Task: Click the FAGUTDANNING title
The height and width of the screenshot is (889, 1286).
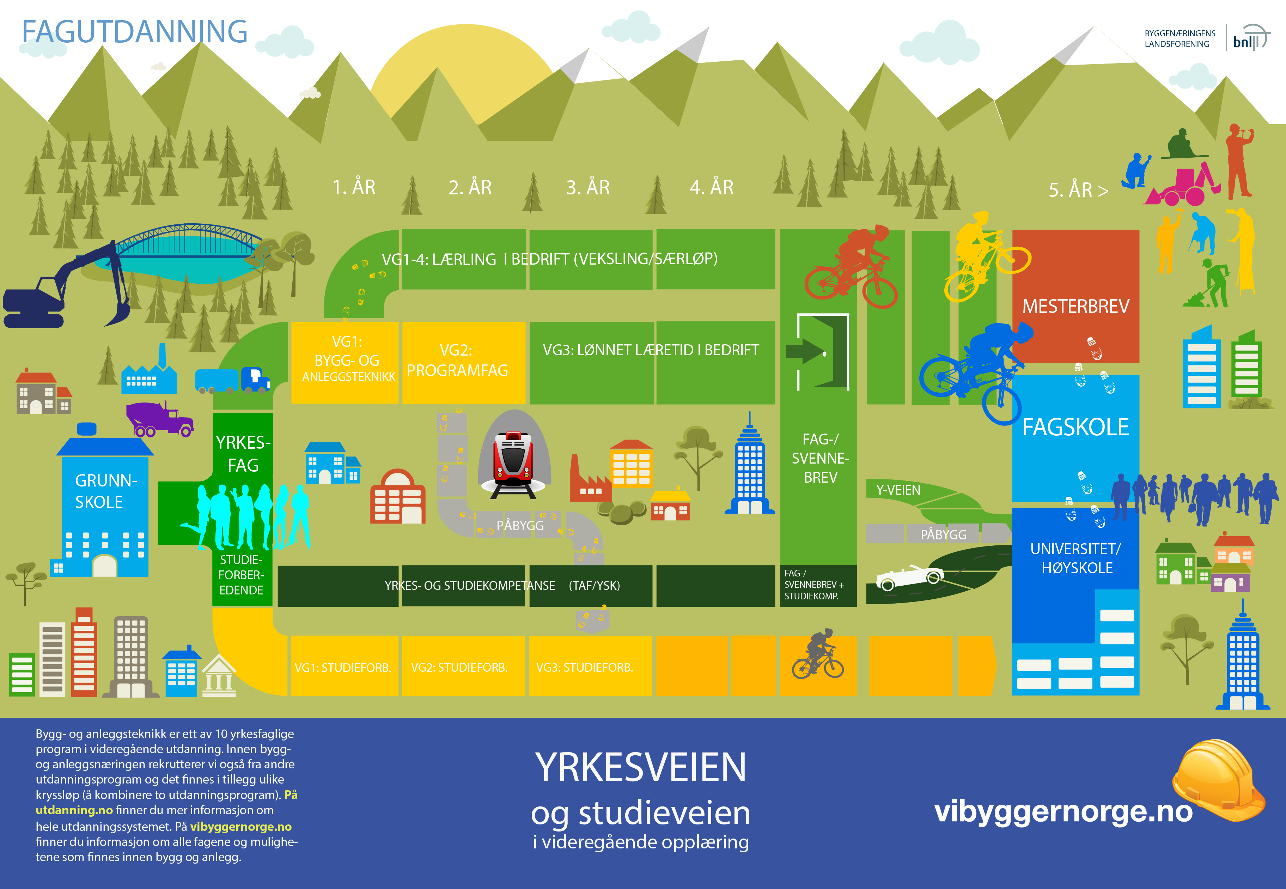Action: coord(134,32)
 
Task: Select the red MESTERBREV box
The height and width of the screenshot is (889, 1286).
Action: coord(1075,296)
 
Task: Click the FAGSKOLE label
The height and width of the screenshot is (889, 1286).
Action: coord(1075,427)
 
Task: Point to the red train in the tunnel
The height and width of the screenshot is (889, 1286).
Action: coord(513,458)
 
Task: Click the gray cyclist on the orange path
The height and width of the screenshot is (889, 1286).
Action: coord(817,655)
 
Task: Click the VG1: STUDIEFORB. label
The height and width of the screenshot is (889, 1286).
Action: coord(343,667)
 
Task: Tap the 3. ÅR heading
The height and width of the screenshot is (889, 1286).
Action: coord(588,188)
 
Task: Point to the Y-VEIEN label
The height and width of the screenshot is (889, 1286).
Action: coord(898,490)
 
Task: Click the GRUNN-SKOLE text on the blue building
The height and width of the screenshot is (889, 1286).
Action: coord(105,491)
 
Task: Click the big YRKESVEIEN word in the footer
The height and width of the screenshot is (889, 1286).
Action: coord(640,768)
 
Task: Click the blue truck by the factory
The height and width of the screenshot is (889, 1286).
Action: coord(233,380)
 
